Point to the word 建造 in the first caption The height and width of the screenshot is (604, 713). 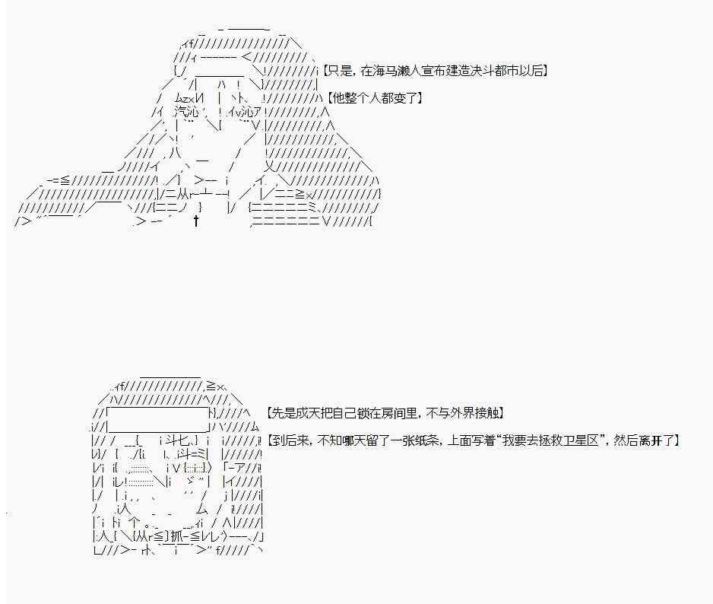pos(458,71)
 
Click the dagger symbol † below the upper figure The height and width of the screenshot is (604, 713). pos(196,221)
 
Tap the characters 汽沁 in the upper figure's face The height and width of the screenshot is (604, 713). pos(185,112)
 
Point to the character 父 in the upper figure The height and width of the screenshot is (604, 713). pos(271,167)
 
